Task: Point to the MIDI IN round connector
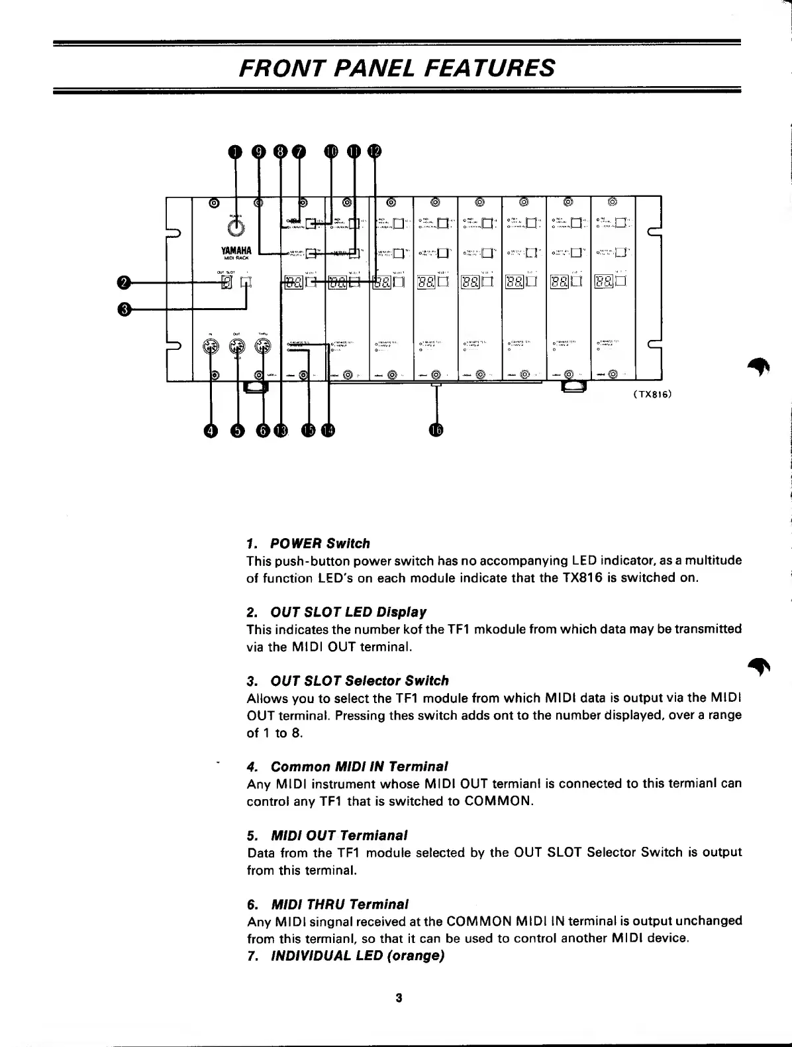[210, 347]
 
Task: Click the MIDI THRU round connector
[263, 347]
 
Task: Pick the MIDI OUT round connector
[236, 347]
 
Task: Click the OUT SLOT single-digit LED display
[226, 283]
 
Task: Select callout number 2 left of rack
[122, 283]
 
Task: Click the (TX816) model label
[653, 394]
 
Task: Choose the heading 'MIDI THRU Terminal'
[340, 904]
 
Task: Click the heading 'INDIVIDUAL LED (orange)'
[358, 955]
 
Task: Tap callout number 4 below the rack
[210, 431]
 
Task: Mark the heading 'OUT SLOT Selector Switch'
[360, 681]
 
